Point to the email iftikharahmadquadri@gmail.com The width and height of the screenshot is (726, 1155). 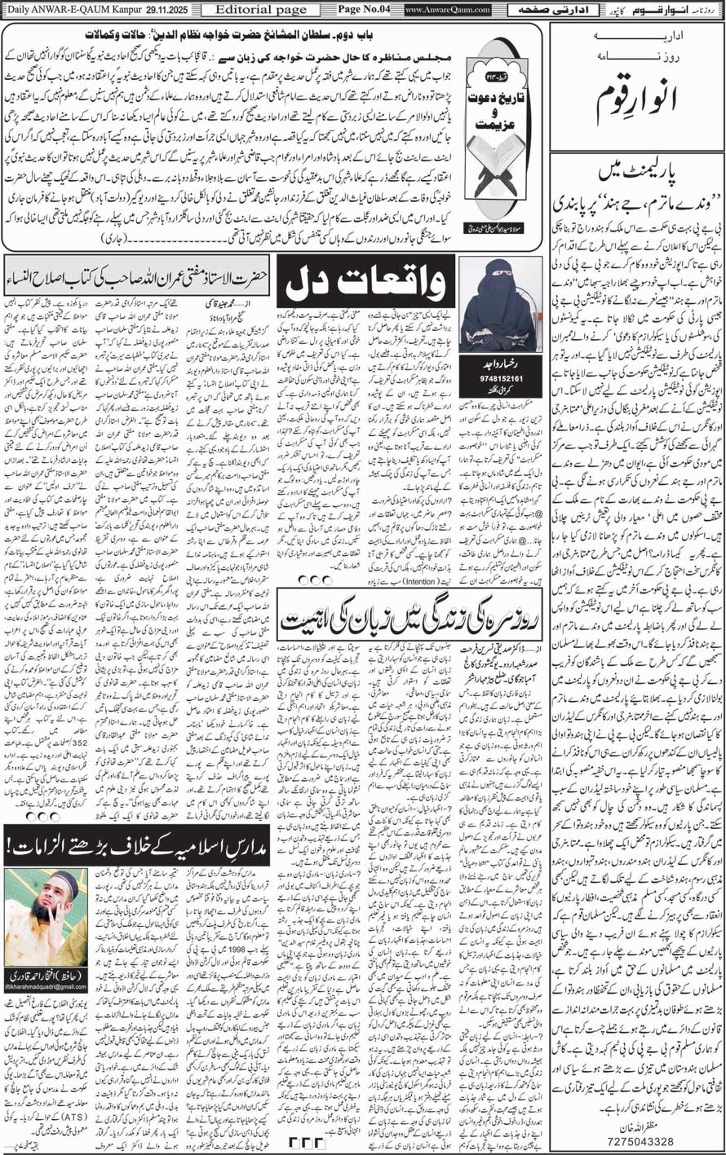coord(46,987)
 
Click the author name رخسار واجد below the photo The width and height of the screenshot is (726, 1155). coord(494,341)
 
